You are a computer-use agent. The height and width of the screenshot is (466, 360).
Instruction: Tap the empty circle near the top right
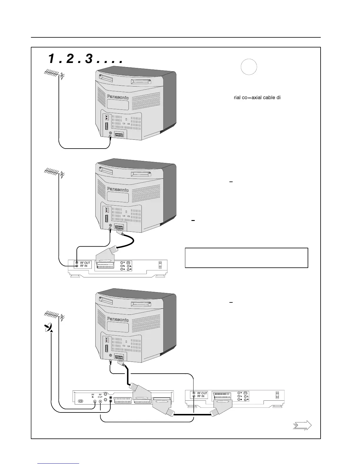click(249, 67)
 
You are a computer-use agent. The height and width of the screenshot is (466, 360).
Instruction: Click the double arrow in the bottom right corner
click(302, 426)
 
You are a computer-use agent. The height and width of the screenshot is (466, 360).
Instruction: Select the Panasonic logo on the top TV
click(118, 97)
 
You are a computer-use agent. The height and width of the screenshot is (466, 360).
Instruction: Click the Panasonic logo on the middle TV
click(118, 189)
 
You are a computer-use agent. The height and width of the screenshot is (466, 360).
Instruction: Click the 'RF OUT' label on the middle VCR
click(85, 263)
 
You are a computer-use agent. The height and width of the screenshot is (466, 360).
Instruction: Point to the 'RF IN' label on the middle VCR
click(84, 266)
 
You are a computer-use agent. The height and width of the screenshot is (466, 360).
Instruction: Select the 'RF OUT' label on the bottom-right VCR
click(202, 393)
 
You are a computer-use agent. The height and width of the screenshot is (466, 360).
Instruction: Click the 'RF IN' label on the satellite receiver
click(93, 396)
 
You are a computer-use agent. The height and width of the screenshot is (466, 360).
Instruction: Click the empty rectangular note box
click(246, 258)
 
